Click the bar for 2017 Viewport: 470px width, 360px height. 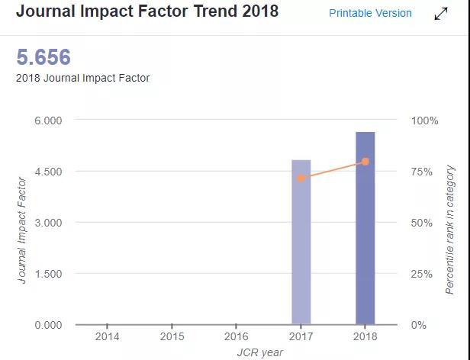[301, 242]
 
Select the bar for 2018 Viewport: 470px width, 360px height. [365, 228]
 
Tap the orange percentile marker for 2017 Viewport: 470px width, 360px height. [301, 178]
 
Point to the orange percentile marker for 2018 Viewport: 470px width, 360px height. [365, 162]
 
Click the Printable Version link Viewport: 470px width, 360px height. [370, 13]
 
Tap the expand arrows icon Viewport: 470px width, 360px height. [441, 14]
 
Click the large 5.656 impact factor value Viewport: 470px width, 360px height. [43, 57]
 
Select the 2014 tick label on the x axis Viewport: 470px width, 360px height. [108, 336]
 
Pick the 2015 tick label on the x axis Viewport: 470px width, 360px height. [172, 336]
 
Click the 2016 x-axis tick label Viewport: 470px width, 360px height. [237, 336]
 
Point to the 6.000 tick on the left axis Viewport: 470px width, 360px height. [47, 121]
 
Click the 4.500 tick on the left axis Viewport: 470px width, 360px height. [47, 172]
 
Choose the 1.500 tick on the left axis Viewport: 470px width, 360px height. [47, 274]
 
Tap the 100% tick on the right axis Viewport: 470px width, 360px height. [425, 121]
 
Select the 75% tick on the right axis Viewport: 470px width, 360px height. [424, 172]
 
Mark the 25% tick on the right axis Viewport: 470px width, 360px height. [424, 274]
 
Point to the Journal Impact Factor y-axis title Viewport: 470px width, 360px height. [22, 230]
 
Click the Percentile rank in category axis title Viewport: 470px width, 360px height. [450, 230]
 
